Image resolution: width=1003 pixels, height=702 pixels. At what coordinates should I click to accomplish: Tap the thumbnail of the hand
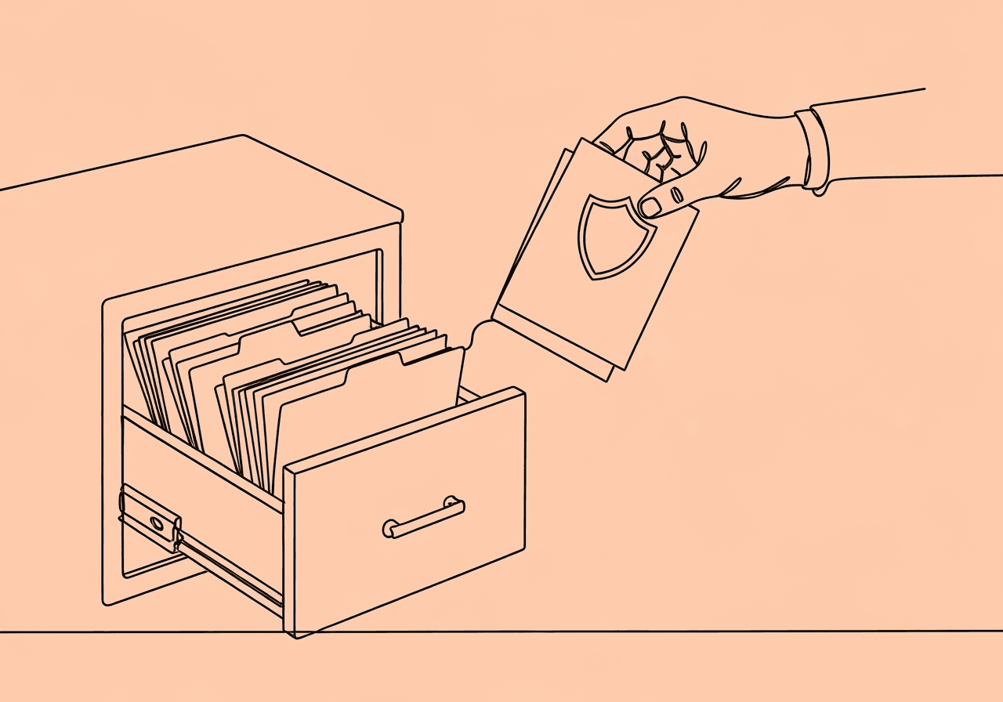pyautogui.click(x=650, y=207)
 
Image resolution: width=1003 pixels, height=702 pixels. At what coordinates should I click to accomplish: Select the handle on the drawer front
pyautogui.click(x=423, y=519)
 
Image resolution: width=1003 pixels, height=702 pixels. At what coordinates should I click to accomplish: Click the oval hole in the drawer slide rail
pyautogui.click(x=156, y=523)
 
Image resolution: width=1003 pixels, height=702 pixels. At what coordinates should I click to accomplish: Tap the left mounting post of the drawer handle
pyautogui.click(x=390, y=527)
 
